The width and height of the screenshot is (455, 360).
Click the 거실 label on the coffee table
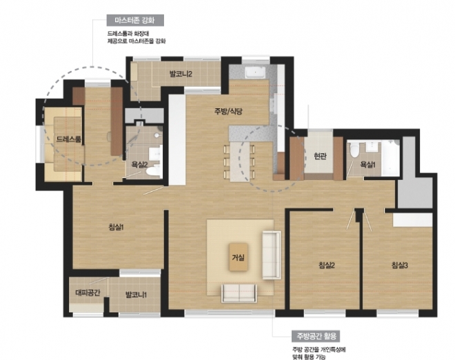239,257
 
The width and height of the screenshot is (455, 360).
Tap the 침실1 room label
116,227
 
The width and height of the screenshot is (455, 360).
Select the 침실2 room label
327,265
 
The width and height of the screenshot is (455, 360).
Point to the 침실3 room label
400,265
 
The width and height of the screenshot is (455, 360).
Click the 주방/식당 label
228,111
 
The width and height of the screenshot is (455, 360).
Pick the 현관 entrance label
320,156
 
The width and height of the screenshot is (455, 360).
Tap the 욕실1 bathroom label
367,165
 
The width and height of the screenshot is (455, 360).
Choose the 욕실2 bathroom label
139,165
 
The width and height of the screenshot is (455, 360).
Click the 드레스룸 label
68,139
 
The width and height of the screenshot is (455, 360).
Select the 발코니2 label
181,74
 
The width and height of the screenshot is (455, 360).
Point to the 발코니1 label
136,295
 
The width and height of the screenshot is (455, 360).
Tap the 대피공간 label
88,292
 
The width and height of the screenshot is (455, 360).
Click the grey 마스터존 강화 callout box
135,20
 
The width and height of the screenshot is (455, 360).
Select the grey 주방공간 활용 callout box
316,336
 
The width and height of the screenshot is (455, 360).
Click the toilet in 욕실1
354,150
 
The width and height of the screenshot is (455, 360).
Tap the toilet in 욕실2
153,170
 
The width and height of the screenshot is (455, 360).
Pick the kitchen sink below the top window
255,72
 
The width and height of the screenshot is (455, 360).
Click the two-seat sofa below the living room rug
239,293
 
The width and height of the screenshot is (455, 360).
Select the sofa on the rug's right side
272,255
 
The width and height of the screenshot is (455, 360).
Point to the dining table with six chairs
240,161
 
